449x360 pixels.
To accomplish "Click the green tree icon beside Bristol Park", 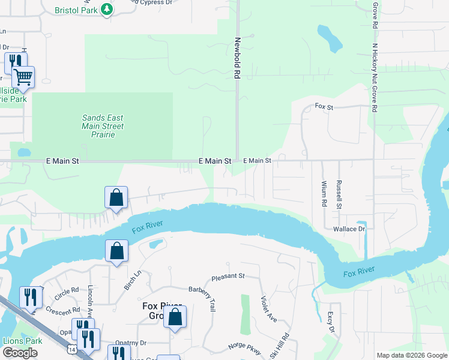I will [x=107, y=10].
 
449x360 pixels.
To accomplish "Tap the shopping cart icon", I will [x=23, y=77].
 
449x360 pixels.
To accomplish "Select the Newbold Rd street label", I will [x=237, y=58].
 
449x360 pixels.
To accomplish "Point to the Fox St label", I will [x=324, y=107].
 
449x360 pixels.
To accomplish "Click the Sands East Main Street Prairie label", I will [x=103, y=126].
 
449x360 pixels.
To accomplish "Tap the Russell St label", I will [x=339, y=194].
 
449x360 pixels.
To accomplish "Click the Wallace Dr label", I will [x=349, y=229].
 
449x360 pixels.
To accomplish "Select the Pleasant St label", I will [x=228, y=277].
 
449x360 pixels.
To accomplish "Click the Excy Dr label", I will [x=330, y=323].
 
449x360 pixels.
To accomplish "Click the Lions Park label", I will [x=23, y=341].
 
